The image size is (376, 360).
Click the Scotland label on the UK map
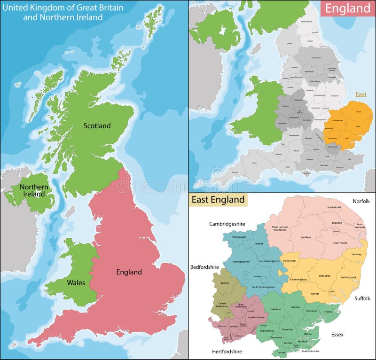97,125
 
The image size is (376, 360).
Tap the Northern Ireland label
34,191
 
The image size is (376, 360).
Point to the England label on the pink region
129,272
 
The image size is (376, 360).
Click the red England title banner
347,8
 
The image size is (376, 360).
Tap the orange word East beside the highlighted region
360,94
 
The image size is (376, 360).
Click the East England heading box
218,199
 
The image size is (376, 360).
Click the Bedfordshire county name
204,267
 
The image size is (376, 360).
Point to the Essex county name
337,335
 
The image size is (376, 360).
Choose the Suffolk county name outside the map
362,298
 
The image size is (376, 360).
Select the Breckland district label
305,237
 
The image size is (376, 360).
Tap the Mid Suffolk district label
325,275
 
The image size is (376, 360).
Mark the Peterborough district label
239,237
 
